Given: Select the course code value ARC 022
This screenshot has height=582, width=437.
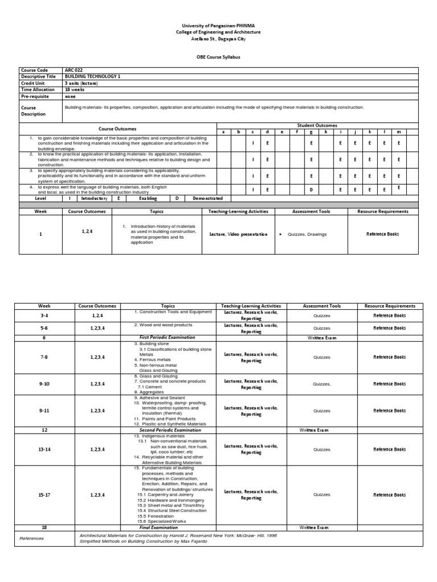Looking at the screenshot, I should pos(74,70).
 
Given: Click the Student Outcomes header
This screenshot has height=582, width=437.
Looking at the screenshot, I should pos(317,125).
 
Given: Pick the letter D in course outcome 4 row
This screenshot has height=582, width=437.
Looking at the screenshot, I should pos(311,189).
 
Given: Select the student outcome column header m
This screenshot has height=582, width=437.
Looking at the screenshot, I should pos(399,131).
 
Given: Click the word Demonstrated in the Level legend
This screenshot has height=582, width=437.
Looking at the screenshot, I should pos(207,198).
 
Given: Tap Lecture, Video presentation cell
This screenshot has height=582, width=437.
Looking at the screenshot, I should pos(238,234).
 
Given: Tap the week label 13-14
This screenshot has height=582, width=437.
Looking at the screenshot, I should pos(44,450).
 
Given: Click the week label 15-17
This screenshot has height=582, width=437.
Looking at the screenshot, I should pos(44,495).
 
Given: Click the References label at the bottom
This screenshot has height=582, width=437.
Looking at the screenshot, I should pos(31,538).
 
